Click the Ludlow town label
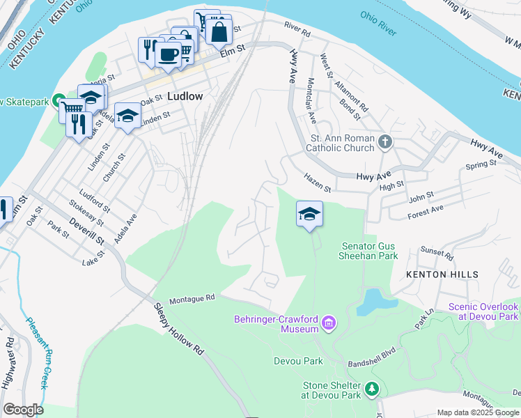(x=185, y=97)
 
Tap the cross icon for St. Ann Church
(x=385, y=143)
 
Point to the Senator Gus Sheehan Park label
(x=370, y=251)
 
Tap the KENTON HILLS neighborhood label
(x=442, y=274)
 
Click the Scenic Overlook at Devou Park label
(x=483, y=311)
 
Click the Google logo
(x=23, y=410)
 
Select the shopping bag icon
(x=219, y=31)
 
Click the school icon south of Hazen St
(x=309, y=213)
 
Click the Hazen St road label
(x=317, y=184)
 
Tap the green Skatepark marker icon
(x=60, y=102)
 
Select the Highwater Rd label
(x=8, y=362)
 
